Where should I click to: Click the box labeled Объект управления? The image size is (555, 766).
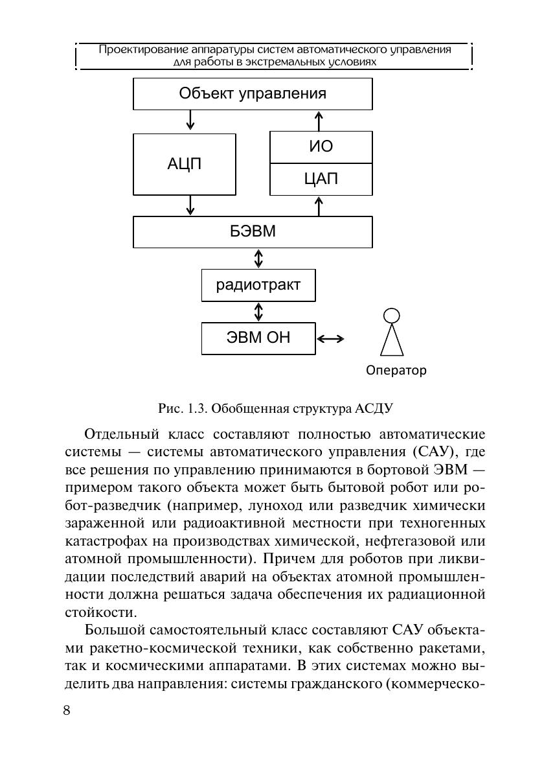[253, 94]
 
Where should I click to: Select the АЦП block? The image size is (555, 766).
[185, 164]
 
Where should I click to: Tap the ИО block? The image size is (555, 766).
[321, 147]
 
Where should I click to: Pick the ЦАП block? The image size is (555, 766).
[321, 180]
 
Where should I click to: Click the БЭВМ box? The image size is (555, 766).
[253, 232]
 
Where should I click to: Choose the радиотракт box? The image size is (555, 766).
[258, 285]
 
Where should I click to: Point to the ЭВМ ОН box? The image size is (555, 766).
[258, 338]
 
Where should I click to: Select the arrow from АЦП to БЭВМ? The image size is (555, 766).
[190, 205]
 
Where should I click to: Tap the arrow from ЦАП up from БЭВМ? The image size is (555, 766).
[319, 205]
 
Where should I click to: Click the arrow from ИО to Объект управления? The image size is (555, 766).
[319, 121]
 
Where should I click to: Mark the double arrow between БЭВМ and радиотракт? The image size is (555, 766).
[259, 259]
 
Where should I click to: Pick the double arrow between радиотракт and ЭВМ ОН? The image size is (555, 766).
[259, 312]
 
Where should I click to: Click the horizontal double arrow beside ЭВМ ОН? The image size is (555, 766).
[331, 338]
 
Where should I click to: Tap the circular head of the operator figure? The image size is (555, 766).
[391, 316]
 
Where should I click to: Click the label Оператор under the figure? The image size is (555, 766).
[396, 371]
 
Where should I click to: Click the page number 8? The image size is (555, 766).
[67, 710]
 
